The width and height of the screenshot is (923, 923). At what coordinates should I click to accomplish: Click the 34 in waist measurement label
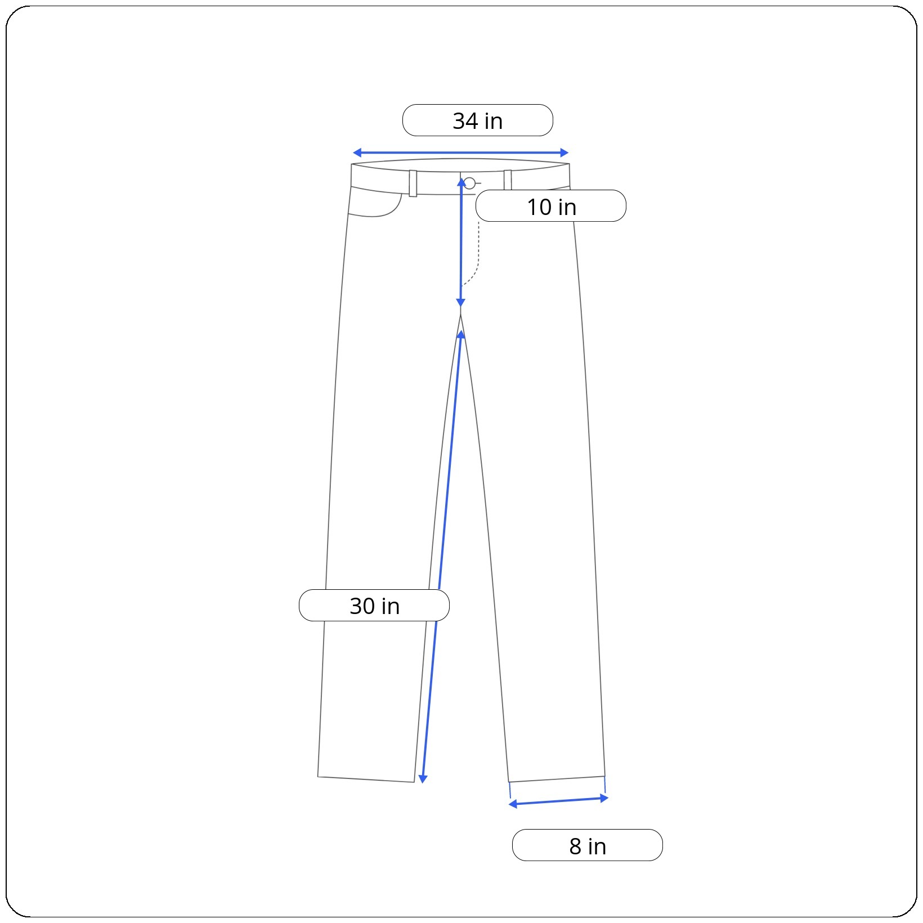pos(477,120)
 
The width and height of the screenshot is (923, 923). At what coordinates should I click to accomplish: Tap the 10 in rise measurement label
pos(550,206)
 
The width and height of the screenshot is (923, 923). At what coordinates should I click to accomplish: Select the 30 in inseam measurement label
pos(374,606)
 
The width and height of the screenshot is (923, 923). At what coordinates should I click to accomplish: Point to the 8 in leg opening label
pos(588,845)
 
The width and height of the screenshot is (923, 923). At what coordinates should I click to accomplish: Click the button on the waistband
pos(469,183)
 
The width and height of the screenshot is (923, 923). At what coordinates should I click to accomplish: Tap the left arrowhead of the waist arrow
pos(357,153)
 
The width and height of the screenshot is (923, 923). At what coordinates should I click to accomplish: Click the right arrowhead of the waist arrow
pos(564,153)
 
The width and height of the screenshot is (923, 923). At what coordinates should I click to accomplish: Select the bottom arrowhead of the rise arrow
pos(460,303)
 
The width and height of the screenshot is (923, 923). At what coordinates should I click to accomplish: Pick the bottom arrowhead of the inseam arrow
pos(423,779)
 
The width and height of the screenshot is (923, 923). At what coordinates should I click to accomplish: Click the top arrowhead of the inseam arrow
pos(461,335)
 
